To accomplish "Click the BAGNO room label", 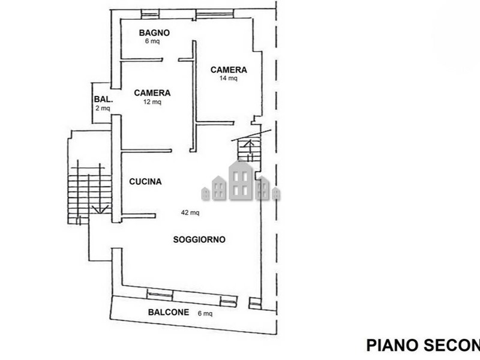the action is (x=154, y=33).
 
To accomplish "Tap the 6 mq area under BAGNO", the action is (x=152, y=41).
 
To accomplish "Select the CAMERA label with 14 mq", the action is (x=229, y=70).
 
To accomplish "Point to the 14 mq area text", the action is (x=229, y=78).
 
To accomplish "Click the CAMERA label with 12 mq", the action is (x=152, y=93).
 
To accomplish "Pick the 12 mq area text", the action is (x=152, y=101).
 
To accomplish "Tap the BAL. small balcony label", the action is (x=103, y=99).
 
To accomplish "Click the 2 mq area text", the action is (x=103, y=108).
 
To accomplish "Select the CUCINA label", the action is (x=145, y=182).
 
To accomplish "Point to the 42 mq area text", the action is (x=190, y=212).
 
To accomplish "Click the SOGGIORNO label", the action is (x=199, y=239).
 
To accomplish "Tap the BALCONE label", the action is (x=169, y=312).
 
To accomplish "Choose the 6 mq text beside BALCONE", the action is (x=205, y=313).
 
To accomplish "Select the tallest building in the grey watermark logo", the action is (x=241, y=181).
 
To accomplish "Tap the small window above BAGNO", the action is (x=150, y=14).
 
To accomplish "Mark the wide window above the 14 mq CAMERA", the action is (x=215, y=14).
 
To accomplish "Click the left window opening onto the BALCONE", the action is (x=160, y=295).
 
